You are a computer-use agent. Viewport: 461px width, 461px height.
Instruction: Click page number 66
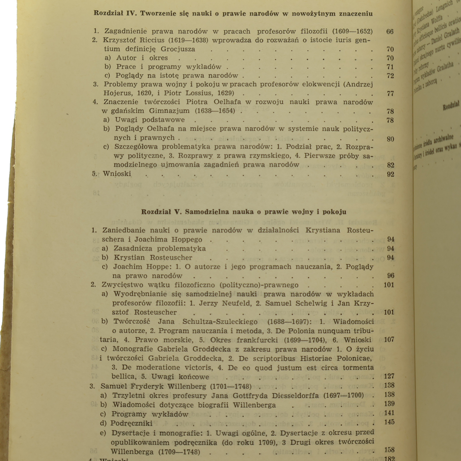coord(390,32)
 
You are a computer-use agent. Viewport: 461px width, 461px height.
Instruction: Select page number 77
coord(390,94)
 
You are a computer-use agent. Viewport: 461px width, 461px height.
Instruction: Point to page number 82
coord(390,165)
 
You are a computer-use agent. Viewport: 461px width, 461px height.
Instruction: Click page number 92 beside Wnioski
coord(390,174)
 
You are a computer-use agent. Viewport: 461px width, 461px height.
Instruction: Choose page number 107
coord(389,340)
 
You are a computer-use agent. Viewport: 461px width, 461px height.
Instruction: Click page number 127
coord(389,376)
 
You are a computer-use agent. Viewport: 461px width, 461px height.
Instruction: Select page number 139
coord(389,404)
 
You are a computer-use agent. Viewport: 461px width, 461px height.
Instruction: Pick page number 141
coord(389,414)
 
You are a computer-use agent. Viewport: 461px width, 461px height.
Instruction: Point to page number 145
coord(389,423)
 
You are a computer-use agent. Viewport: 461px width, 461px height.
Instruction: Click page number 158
coord(389,450)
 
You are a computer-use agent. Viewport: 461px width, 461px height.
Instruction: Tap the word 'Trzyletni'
coord(129,395)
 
